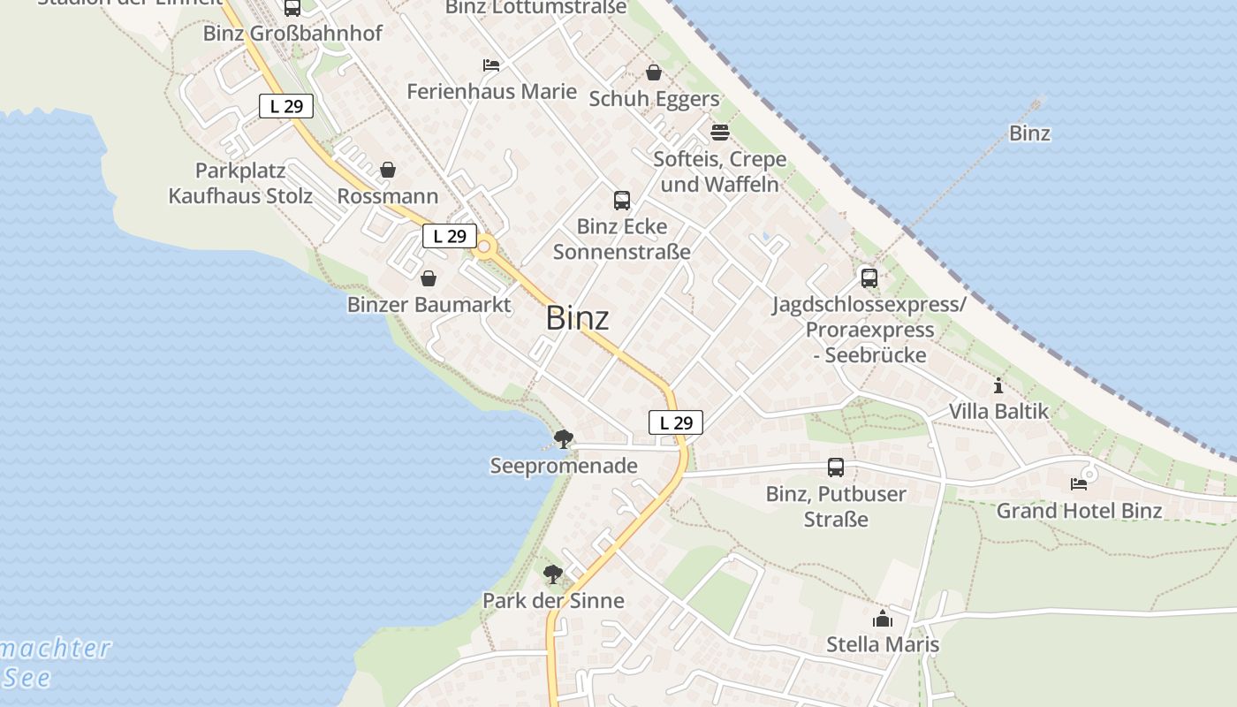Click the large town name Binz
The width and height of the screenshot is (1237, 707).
[x=577, y=318]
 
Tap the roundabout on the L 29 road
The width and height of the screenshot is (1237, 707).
[x=483, y=247]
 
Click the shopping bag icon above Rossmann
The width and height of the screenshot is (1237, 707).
[x=387, y=170]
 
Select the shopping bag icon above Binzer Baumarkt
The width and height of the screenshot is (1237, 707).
[x=429, y=278]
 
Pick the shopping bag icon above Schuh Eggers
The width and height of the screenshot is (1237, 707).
[x=654, y=72]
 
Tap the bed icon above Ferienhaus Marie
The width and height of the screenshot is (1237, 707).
[x=491, y=65]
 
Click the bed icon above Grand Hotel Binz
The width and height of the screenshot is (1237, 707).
[x=1079, y=484]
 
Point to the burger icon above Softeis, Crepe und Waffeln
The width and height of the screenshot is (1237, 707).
[x=720, y=133]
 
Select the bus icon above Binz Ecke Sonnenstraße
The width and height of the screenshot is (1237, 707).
[x=622, y=201]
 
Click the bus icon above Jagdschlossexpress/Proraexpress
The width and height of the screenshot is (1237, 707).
[x=869, y=278]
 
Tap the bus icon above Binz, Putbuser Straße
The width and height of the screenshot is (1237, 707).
[x=836, y=468]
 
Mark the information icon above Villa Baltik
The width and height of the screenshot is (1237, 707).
[x=998, y=385]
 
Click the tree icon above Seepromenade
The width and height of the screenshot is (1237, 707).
[x=563, y=438]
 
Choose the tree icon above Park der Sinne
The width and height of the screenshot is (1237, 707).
[x=553, y=574]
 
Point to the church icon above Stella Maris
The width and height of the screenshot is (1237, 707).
[x=883, y=619]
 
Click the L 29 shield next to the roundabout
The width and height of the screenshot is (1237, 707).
[x=450, y=236]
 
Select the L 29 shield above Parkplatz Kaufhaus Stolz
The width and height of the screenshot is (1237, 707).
[x=286, y=106]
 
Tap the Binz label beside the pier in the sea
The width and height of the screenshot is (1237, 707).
[x=1029, y=133]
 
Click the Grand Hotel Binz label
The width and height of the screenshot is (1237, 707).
[x=1079, y=511]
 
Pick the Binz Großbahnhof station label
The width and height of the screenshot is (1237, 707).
[x=292, y=34]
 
